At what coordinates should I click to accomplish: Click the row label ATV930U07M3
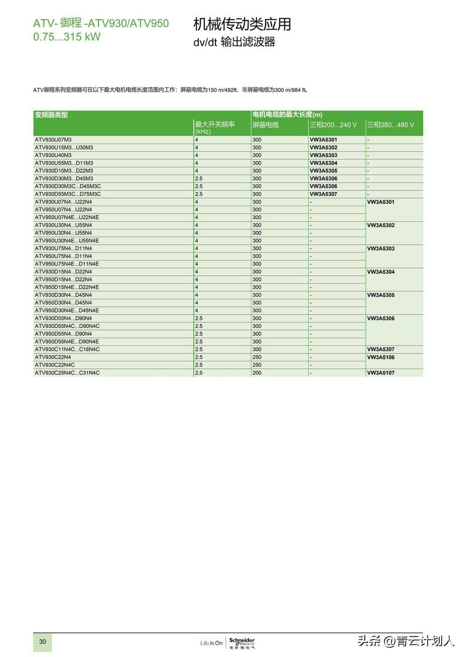coord(53,140)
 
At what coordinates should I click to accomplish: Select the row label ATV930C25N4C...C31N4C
coord(67,373)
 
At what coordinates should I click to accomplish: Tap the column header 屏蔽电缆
coord(265,125)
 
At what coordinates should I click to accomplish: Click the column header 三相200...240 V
coord(333,125)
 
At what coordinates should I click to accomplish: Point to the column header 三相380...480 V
coord(390,125)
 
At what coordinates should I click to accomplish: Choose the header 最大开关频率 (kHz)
coord(215,128)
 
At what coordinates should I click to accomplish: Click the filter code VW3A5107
coord(381,373)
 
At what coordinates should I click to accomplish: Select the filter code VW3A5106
coord(381,357)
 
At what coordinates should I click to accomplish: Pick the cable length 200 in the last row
coord(257,373)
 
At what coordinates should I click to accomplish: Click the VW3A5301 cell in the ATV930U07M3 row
coord(323,140)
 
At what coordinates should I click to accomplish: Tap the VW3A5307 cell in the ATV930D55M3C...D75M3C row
coord(323,194)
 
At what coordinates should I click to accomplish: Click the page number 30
coord(43,642)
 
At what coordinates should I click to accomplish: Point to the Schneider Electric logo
coord(242,643)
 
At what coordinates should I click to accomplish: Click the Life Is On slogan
coord(211,643)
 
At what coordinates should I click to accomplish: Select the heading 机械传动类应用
coord(242,24)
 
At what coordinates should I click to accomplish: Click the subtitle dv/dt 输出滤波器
coord(234,42)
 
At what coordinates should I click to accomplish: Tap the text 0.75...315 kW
coord(67,37)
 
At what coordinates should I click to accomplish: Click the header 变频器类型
coord(51,115)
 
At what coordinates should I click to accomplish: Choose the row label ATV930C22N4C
coord(55,365)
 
